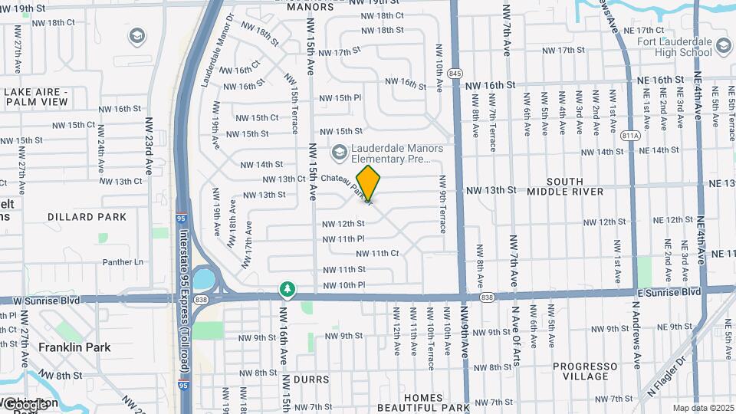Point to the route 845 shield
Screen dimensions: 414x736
pos(456,73)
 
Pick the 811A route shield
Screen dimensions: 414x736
pos(631,136)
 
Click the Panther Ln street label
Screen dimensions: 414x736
pos(123,262)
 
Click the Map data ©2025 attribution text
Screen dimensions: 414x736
pos(703,408)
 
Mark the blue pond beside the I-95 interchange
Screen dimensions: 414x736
pos(205,277)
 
